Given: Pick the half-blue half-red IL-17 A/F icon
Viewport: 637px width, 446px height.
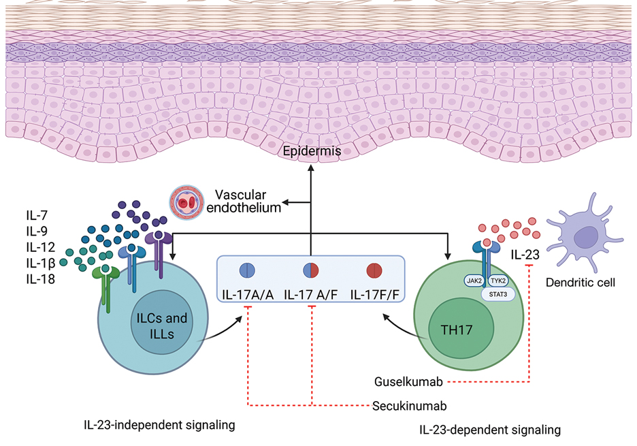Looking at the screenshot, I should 311,270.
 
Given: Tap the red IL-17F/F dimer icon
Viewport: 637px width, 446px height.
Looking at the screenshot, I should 376,270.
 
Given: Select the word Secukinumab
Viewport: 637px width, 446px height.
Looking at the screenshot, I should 409,407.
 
